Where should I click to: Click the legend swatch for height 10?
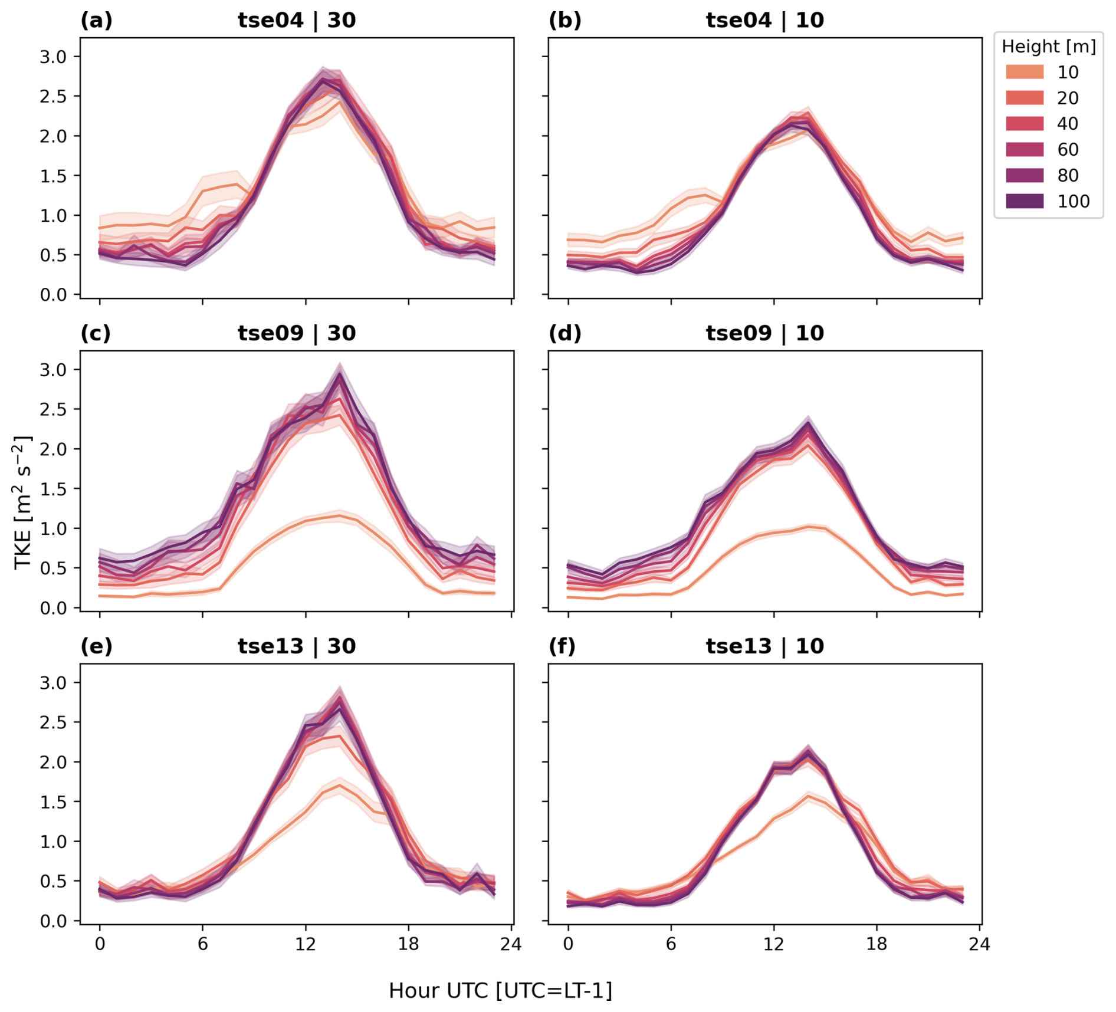coord(1025,72)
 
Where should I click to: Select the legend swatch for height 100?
coord(1025,201)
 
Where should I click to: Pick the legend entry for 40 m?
coord(1025,123)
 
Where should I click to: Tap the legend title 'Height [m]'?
coord(1048,47)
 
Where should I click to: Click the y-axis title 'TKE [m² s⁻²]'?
coord(22,501)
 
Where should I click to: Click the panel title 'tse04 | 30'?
coord(297,21)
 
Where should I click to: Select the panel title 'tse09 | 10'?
coord(764,333)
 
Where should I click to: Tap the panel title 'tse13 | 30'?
coord(297,646)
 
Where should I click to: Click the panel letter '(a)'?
coord(96,21)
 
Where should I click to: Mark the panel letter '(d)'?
coord(564,333)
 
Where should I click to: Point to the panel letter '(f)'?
coord(562,646)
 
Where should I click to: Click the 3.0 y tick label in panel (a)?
coord(52,57)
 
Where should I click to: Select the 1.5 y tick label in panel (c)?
coord(52,489)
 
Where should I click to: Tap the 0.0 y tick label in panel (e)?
coord(52,921)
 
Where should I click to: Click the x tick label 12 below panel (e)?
coord(306,944)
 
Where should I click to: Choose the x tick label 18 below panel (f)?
coord(877,944)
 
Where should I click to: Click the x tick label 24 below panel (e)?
coord(511,944)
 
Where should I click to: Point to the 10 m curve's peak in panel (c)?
coord(340,515)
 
